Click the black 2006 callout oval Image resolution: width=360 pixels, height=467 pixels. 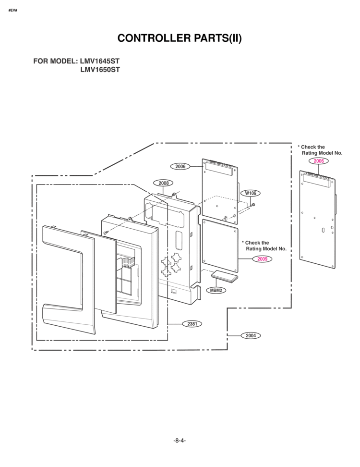pos(180,167)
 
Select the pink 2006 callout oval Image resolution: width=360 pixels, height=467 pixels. pos(319,161)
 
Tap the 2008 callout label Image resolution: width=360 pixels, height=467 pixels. pos(163,183)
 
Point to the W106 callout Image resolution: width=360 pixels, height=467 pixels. pos(251,193)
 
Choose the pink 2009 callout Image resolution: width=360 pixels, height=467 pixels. pos(262,259)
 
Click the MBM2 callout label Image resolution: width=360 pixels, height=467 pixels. pos(216,290)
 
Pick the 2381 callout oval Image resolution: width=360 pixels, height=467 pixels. pos(192,323)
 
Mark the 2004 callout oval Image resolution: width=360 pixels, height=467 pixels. pos(251,335)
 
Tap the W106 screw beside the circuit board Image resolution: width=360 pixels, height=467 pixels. pos(252,205)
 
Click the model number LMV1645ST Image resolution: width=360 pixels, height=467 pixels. pos(100,61)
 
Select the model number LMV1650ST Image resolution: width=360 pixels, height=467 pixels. pos(100,70)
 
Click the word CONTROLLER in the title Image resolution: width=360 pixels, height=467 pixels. pos(154,38)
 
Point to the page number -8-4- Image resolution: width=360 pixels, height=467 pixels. pos(180,441)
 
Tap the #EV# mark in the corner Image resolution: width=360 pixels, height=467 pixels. pos(13,11)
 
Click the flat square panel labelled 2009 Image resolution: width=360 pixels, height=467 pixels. pos(220,246)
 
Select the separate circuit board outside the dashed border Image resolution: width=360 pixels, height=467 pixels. pos(317,220)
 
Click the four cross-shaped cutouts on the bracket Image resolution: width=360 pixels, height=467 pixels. pos(171,264)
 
